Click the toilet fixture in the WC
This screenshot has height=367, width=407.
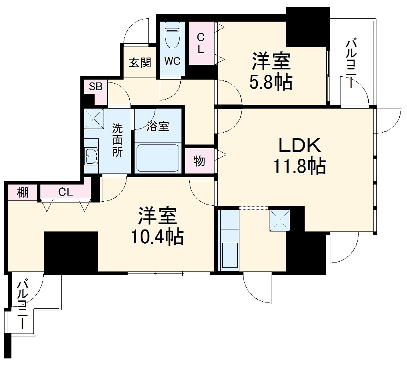click(172, 34)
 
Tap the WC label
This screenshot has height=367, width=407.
click(172, 62)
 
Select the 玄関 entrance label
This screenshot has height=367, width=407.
click(140, 62)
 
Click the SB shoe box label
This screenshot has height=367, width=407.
click(96, 86)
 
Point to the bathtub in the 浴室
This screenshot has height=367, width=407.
click(158, 158)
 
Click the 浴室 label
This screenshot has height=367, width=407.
click(158, 127)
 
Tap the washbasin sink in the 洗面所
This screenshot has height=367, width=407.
click(91, 156)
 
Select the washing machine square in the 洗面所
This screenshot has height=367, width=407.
click(94, 118)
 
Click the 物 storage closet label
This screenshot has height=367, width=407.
click(199, 161)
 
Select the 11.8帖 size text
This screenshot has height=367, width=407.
click(299, 166)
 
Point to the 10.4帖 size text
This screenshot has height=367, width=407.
click(157, 236)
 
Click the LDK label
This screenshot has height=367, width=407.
click(300, 145)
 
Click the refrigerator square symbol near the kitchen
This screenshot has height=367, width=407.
click(280, 220)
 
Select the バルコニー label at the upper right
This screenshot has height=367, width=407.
click(352, 63)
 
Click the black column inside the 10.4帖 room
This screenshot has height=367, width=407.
click(71, 251)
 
